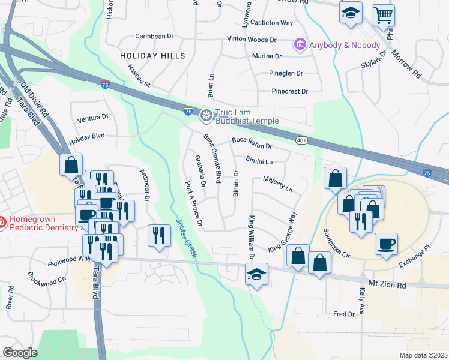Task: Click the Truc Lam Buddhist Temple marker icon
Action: click(206, 115)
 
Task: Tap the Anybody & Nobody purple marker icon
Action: click(299, 44)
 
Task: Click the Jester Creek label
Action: click(186, 238)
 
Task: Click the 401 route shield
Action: click(301, 140)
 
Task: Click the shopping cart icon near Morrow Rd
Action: click(383, 14)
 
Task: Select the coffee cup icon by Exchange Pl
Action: click(387, 242)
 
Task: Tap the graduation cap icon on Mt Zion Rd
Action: click(257, 274)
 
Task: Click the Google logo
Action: click(20, 352)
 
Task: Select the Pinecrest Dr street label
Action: click(289, 91)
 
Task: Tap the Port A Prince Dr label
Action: click(194, 204)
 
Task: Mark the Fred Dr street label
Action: click(344, 314)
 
